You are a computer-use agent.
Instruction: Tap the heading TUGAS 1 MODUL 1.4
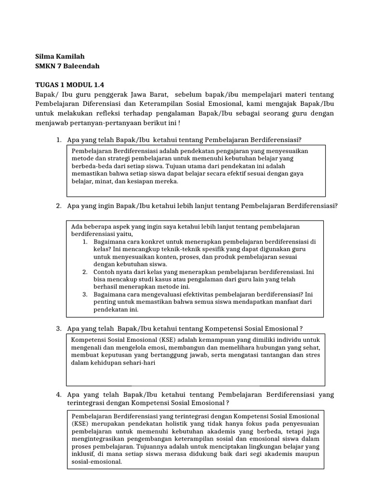[70, 85]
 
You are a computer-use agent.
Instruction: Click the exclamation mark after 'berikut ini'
[179, 123]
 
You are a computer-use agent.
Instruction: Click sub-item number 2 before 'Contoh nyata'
[84, 272]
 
